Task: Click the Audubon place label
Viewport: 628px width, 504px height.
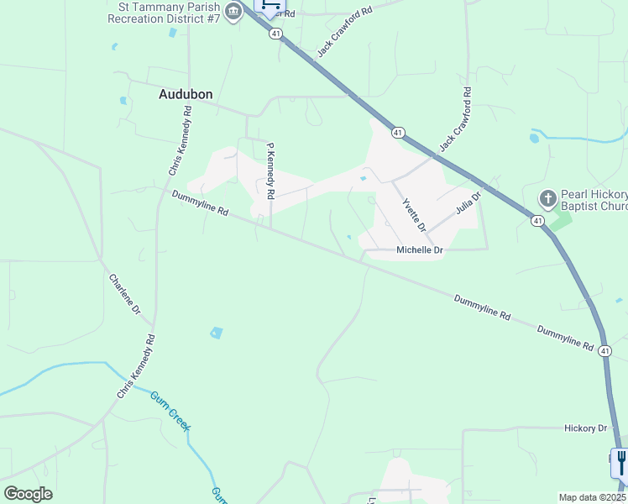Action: (186, 95)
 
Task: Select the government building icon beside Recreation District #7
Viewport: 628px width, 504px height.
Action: (234, 12)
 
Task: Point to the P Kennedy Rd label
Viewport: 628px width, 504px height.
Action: (270, 171)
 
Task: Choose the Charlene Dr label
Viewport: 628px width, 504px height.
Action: (124, 295)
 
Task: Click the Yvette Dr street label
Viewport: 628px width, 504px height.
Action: (414, 215)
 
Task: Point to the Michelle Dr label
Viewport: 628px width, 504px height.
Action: (419, 250)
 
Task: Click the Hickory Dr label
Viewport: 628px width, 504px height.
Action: (585, 428)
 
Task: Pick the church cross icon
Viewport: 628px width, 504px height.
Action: (547, 199)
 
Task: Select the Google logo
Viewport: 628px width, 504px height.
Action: (28, 494)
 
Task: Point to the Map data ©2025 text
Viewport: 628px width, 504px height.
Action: (593, 497)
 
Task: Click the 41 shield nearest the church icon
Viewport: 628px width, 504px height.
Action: (536, 220)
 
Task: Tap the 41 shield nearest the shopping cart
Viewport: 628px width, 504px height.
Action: (275, 34)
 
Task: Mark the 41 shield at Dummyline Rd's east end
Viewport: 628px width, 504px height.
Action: (604, 349)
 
